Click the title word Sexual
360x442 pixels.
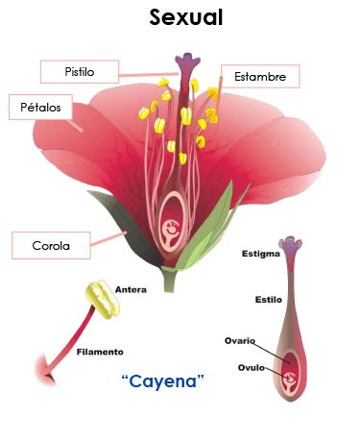tap(186, 17)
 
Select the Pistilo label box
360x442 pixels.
tap(80, 72)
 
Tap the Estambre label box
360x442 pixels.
tap(260, 77)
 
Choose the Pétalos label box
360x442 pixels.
tap(40, 107)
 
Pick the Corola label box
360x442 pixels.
tap(51, 246)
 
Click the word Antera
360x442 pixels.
tap(131, 290)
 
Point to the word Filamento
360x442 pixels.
tap(100, 352)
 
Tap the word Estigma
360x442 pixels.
tap(261, 254)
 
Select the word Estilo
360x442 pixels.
tap(269, 300)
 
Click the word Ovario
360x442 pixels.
tap(240, 340)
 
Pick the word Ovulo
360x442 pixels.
tap(252, 367)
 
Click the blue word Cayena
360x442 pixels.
tap(163, 381)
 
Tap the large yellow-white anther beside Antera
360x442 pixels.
tap(103, 299)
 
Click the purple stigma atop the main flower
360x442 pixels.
tap(187, 61)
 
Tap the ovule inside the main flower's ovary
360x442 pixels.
tap(171, 230)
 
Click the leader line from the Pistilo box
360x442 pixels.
tap(149, 75)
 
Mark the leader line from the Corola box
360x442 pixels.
tap(108, 238)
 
